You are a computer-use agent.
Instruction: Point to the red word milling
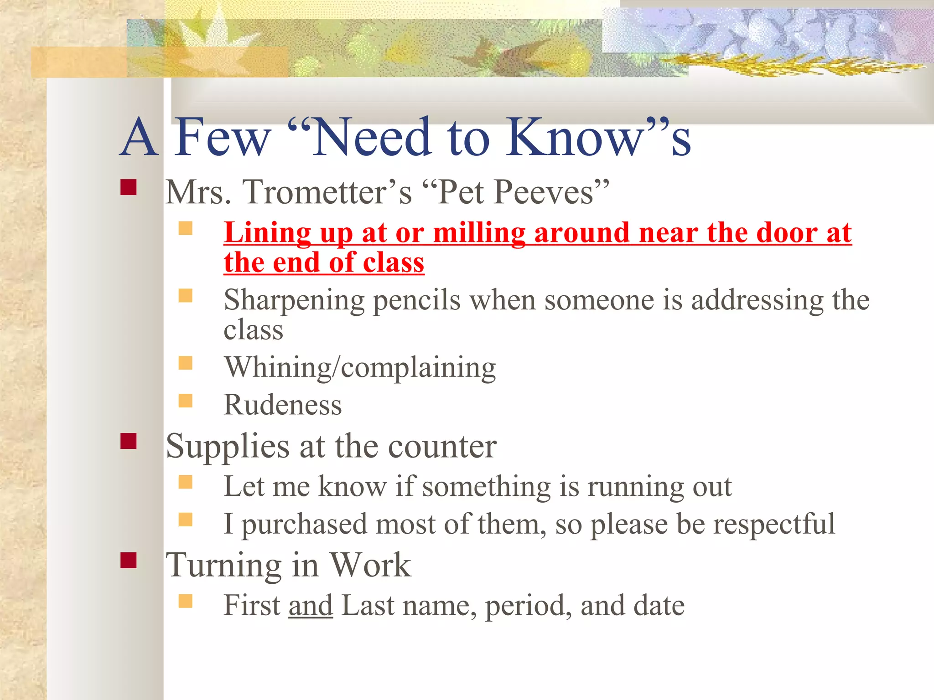click(x=479, y=233)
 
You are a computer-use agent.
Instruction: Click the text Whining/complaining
click(x=360, y=368)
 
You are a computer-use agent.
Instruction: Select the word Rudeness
click(x=283, y=405)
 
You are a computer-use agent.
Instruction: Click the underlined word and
click(x=311, y=606)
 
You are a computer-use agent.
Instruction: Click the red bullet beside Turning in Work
click(x=129, y=561)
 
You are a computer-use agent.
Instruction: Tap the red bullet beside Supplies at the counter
click(x=129, y=441)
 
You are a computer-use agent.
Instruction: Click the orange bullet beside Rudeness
click(x=185, y=401)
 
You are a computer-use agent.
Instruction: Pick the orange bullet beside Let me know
click(x=185, y=482)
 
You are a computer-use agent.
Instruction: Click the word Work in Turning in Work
click(x=370, y=565)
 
